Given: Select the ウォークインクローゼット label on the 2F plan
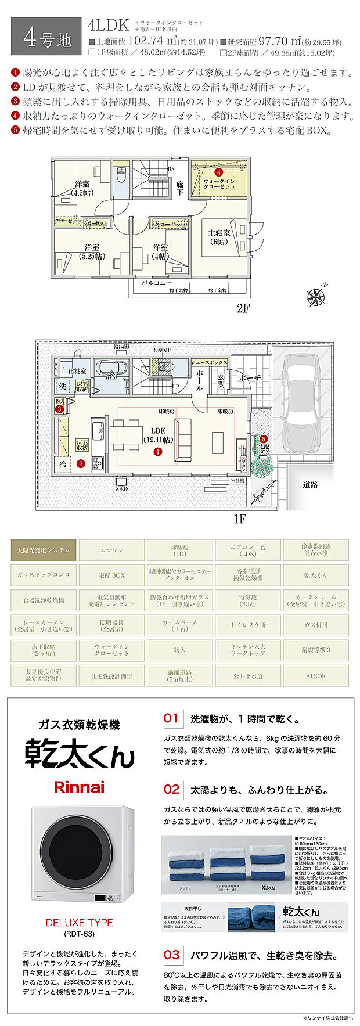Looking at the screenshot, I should click(219, 184).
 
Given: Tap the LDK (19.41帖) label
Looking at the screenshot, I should click(158, 435).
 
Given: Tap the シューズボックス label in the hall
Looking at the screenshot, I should click(210, 361).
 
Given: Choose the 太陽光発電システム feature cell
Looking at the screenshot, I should click(44, 550).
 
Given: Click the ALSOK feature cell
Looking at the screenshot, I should click(316, 676).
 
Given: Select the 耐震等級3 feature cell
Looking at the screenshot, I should click(316, 650).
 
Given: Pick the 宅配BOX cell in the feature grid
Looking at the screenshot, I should click(111, 575).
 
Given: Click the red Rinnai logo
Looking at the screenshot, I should click(79, 787).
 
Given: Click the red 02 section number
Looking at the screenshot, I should click(172, 789).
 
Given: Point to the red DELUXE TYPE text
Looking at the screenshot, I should click(80, 923).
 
